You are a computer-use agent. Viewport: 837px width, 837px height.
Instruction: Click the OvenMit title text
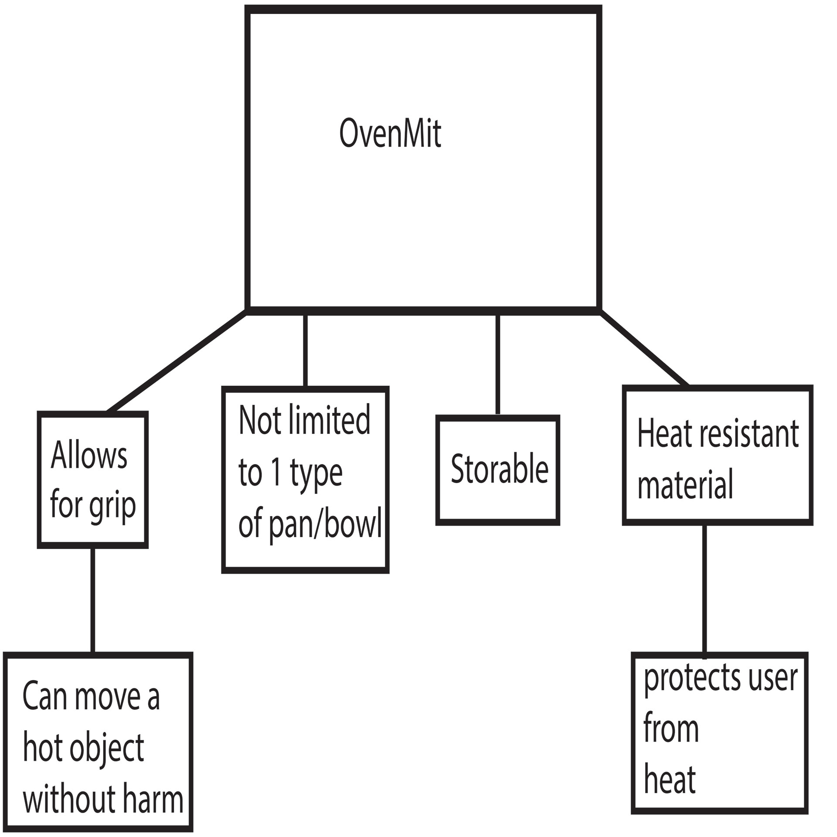(390, 133)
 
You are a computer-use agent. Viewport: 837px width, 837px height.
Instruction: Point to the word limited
(330, 420)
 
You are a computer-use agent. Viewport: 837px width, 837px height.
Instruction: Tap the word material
(685, 485)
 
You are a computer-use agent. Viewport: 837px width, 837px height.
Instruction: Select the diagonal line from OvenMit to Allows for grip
(177, 361)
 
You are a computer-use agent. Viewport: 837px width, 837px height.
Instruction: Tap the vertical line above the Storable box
(498, 364)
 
